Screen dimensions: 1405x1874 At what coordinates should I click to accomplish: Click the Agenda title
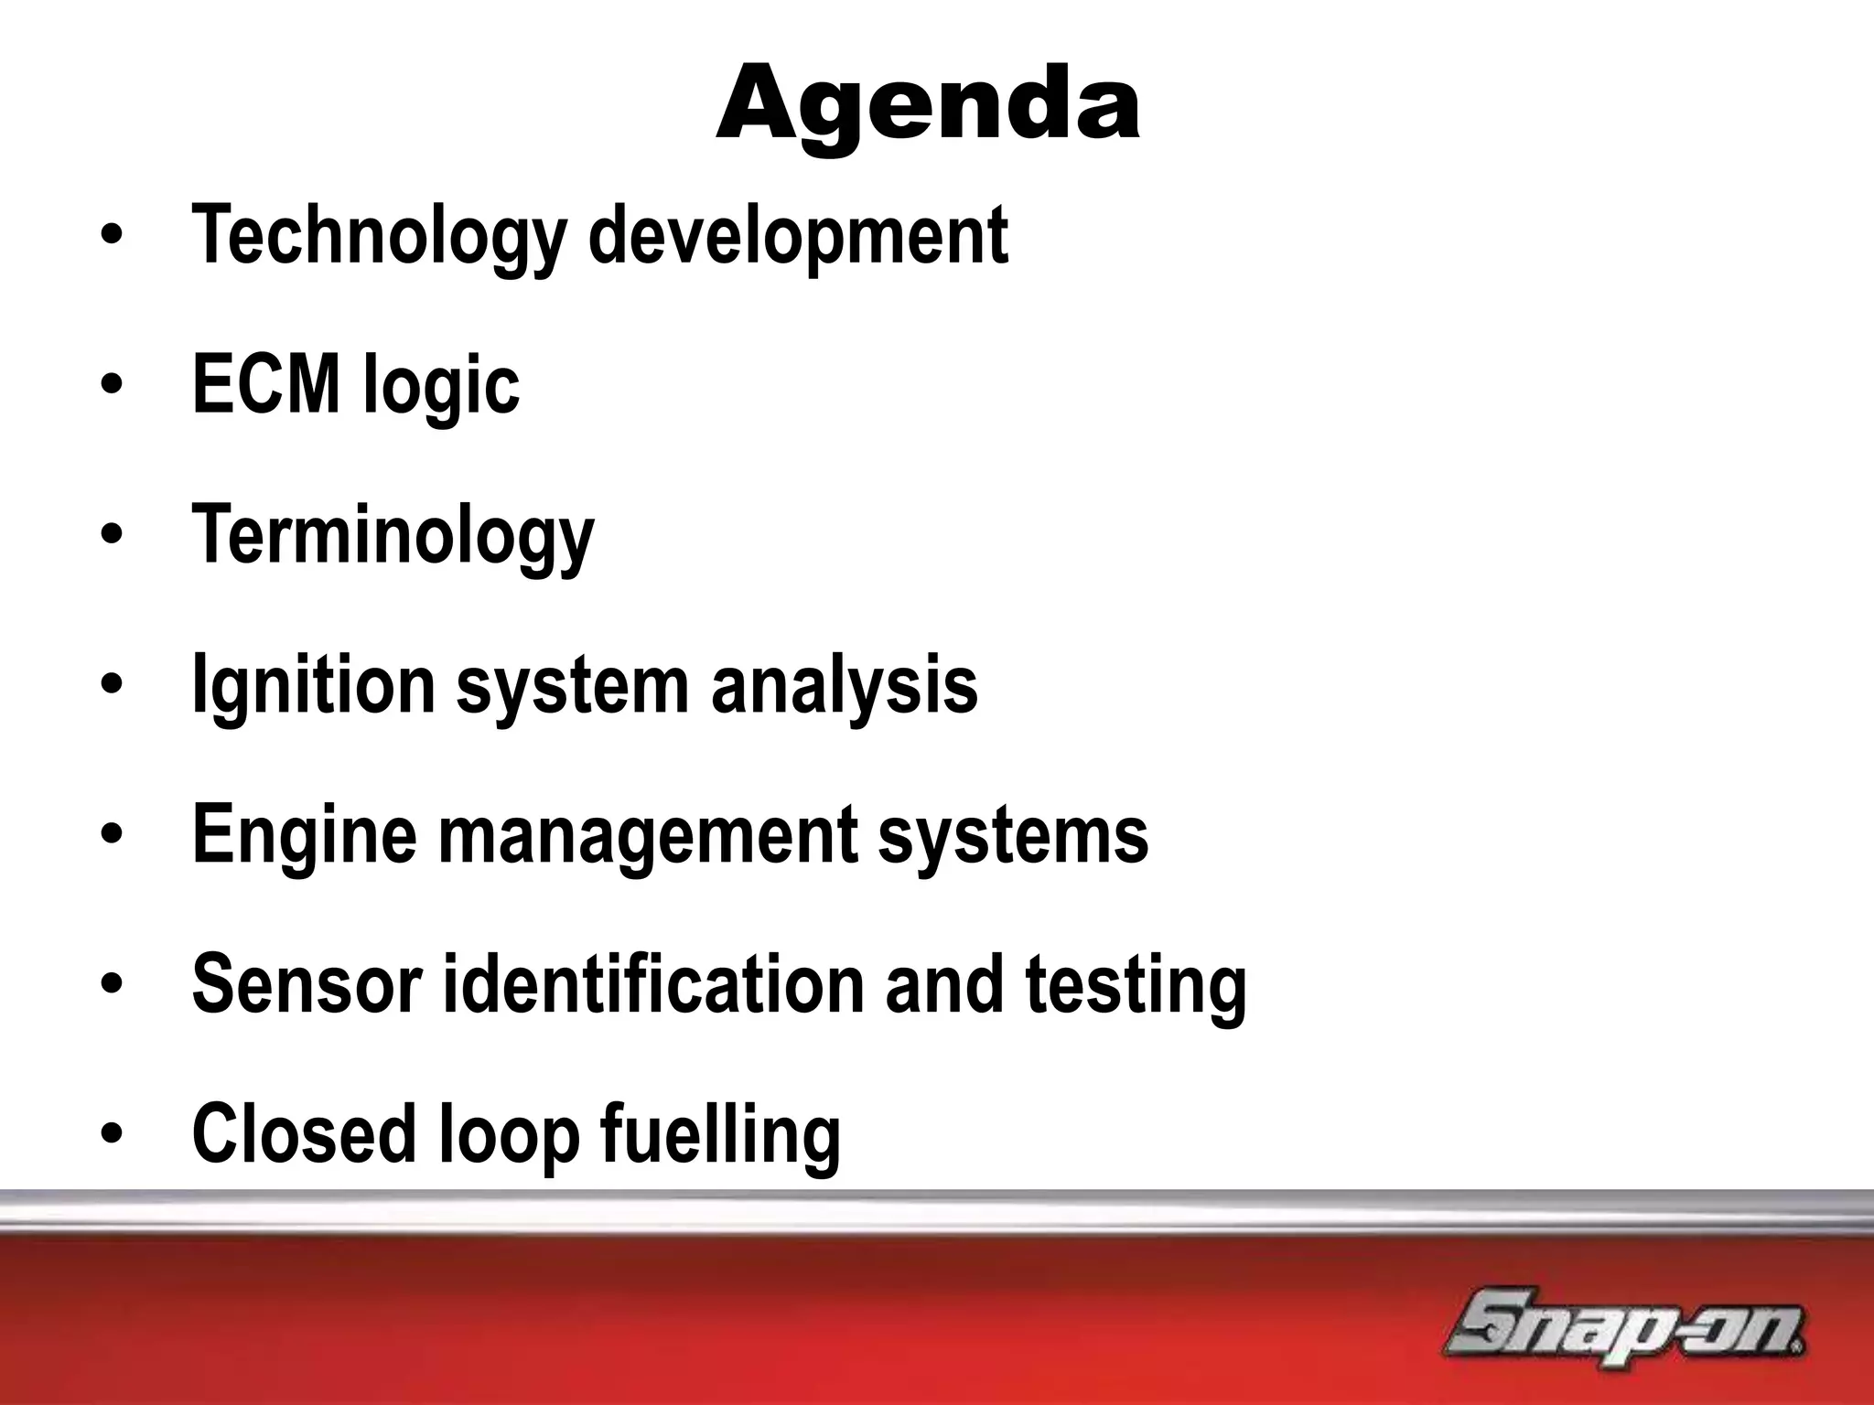pos(928,104)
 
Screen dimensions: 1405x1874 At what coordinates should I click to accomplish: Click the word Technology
pos(379,236)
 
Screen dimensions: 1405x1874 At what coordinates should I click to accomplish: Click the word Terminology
pos(393,537)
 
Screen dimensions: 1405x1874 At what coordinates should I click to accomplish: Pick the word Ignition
pos(313,686)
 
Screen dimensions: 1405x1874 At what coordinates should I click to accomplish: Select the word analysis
pos(845,686)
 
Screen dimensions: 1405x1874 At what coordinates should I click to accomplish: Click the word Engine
pos(304,836)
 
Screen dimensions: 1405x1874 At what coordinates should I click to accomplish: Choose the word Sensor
pos(307,984)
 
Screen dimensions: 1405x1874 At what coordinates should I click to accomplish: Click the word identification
pos(653,984)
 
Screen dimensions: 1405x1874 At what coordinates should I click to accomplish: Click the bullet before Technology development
pos(112,237)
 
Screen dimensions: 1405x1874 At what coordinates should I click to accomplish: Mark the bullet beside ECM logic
pos(112,387)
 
